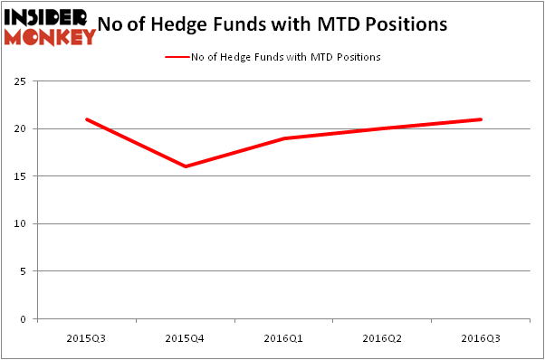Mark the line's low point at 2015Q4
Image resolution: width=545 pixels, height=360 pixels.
tap(186, 166)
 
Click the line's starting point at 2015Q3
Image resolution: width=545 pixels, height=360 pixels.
tap(87, 119)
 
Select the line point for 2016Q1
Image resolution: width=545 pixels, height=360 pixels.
tap(284, 138)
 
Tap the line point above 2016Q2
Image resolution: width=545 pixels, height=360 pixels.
tap(383, 128)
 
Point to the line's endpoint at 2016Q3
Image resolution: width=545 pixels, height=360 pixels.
tap(481, 119)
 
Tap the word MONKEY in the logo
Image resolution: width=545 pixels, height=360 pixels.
tap(50, 36)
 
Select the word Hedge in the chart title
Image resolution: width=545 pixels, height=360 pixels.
tap(217, 24)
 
